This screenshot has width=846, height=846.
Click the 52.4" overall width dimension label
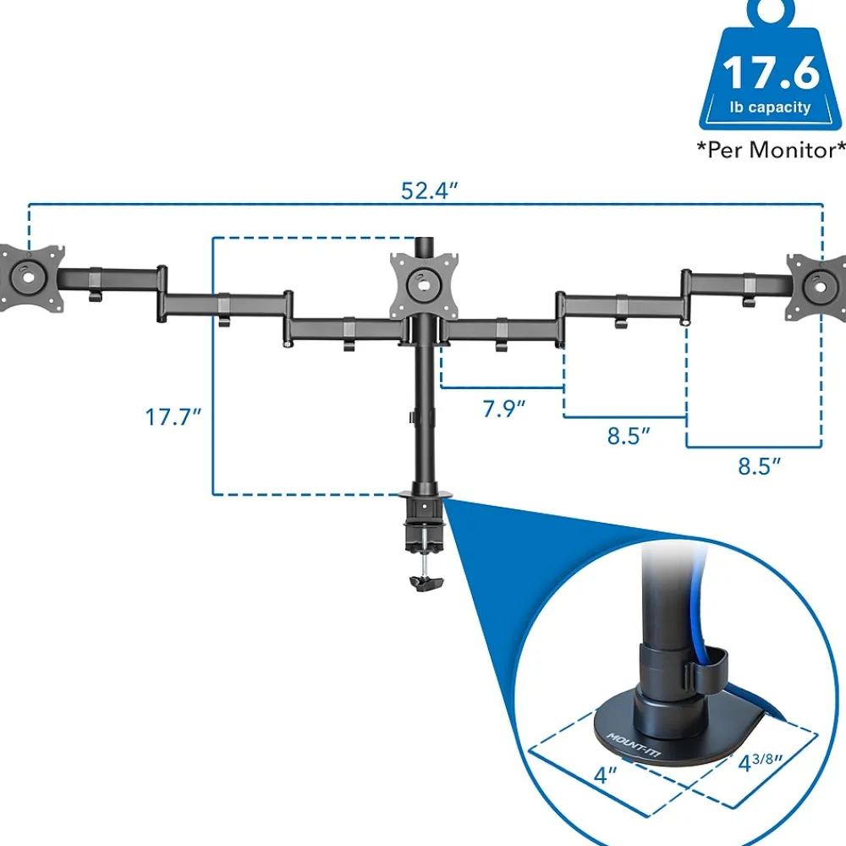pyautogui.click(x=429, y=191)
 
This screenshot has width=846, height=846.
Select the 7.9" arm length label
pyautogui.click(x=504, y=409)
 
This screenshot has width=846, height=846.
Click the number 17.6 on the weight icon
pyautogui.click(x=771, y=74)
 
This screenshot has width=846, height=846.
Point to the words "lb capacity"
pyautogui.click(x=771, y=108)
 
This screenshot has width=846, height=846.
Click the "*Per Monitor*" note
pyautogui.click(x=771, y=151)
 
